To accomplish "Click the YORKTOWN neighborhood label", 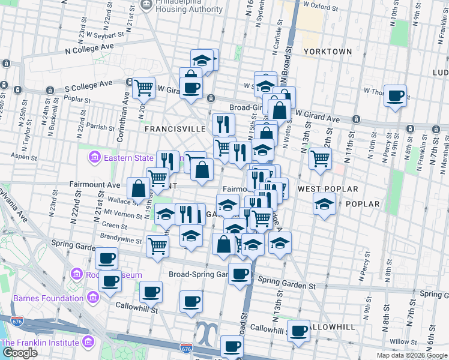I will pyautogui.click(x=327, y=52).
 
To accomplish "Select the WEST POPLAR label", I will pyautogui.click(x=324, y=189).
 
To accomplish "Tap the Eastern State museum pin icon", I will pyautogui.click(x=94, y=158).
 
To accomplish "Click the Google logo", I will pyautogui.click(x=20, y=353).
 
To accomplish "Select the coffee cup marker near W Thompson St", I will pyautogui.click(x=395, y=96).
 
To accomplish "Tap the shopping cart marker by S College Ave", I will pyautogui.click(x=143, y=88).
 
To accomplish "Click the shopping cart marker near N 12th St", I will pyautogui.click(x=321, y=158).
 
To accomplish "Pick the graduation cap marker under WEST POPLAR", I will pyautogui.click(x=324, y=205).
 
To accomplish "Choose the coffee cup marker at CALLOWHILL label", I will pyautogui.click(x=298, y=331).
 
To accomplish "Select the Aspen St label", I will pyautogui.click(x=26, y=157).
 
